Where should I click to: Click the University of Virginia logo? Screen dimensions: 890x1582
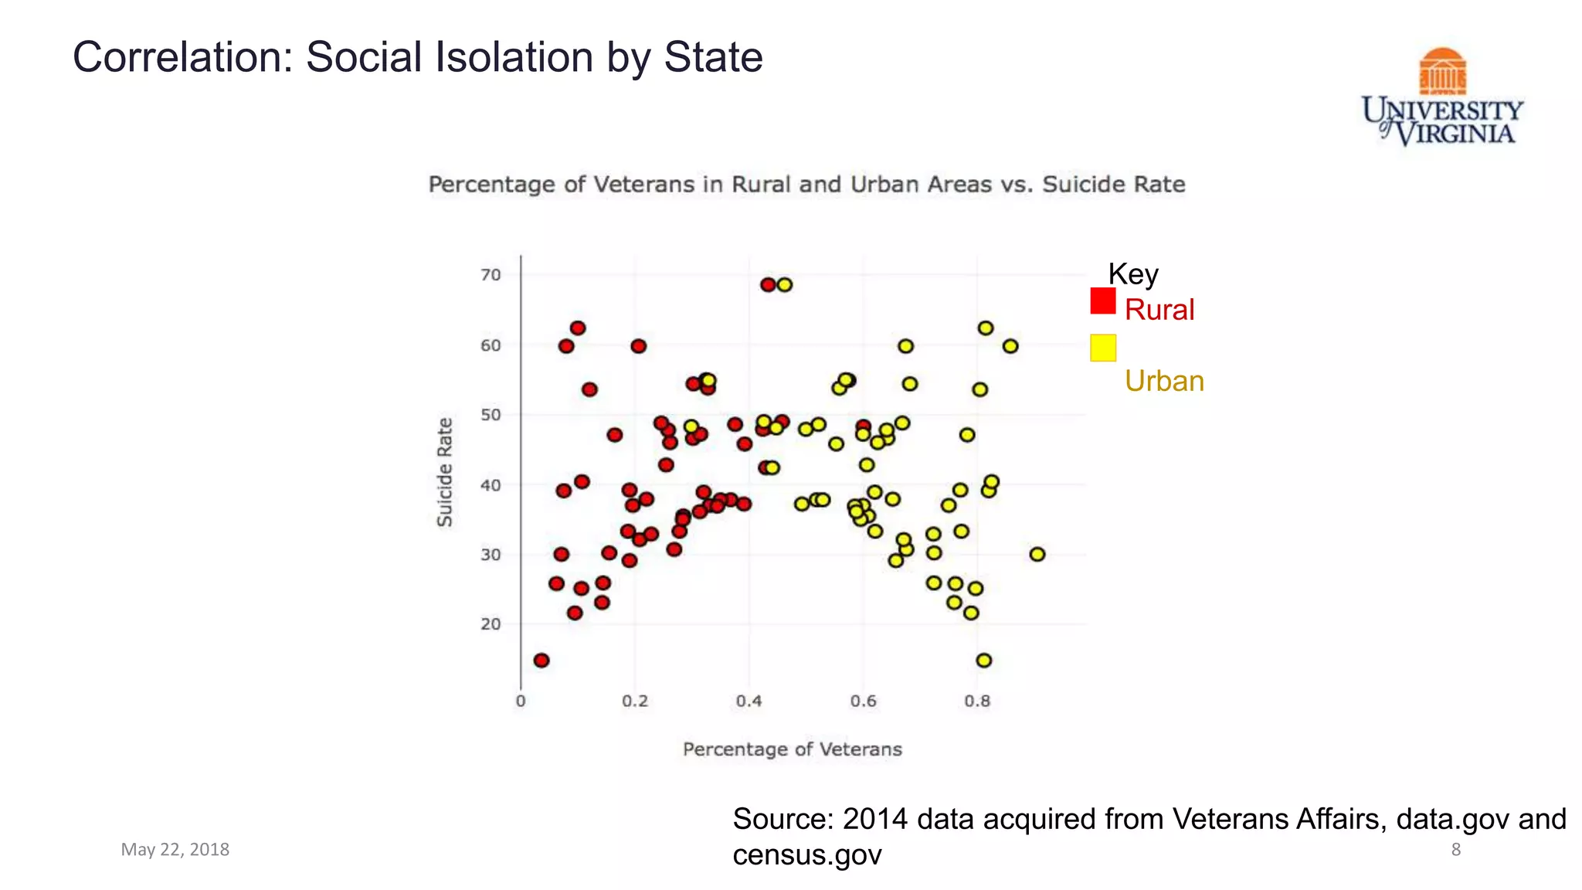[1442, 97]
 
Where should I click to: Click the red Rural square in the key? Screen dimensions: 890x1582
[1103, 301]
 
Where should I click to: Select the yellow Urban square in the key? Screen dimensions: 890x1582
[1103, 348]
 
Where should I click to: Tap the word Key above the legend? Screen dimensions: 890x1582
[1133, 274]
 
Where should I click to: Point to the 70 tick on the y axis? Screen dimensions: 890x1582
[491, 275]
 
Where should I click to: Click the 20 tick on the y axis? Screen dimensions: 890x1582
[491, 624]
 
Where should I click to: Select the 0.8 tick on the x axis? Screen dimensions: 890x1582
[977, 701]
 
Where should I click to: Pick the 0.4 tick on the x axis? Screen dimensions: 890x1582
[749, 701]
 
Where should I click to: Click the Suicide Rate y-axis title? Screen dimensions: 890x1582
[445, 472]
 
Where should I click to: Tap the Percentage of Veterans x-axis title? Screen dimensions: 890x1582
[792, 749]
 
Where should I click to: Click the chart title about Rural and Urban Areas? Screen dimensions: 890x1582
[806, 185]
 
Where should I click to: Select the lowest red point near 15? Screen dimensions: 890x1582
[541, 661]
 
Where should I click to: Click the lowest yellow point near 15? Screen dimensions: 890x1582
[984, 661]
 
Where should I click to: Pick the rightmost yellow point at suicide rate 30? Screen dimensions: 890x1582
[1037, 555]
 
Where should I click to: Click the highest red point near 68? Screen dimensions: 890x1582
[768, 285]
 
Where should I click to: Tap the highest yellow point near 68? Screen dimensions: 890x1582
[785, 285]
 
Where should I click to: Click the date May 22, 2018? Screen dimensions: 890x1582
[175, 850]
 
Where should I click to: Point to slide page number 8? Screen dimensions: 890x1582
[1455, 850]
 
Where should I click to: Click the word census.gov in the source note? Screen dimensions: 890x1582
[806, 855]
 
